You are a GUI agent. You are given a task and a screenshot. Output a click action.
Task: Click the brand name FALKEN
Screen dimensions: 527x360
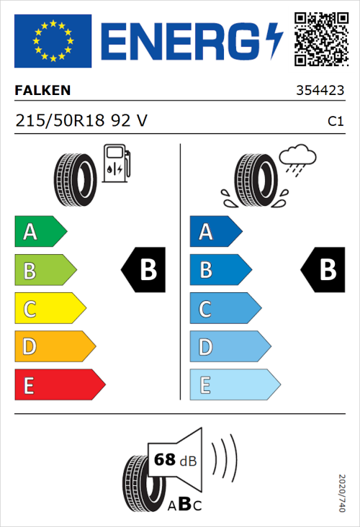(x=43, y=91)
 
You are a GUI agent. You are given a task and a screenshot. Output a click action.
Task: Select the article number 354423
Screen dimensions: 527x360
(x=320, y=91)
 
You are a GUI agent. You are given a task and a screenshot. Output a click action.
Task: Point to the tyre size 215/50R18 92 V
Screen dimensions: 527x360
(x=81, y=121)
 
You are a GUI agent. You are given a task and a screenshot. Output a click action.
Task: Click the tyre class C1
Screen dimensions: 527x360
(x=335, y=122)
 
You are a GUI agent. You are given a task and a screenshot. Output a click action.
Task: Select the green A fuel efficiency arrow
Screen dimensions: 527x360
(x=39, y=232)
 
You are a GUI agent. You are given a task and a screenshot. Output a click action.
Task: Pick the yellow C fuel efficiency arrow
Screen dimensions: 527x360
(x=49, y=309)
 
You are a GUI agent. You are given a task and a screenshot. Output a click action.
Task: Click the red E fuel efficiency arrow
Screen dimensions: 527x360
(x=59, y=385)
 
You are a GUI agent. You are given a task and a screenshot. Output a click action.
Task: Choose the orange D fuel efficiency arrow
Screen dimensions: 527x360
(x=54, y=347)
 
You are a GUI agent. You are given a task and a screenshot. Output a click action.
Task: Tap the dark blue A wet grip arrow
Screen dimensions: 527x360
(x=215, y=232)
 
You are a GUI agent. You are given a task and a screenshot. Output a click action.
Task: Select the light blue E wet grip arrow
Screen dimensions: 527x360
(x=234, y=385)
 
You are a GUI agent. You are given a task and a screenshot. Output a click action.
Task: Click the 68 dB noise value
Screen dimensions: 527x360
(x=175, y=460)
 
